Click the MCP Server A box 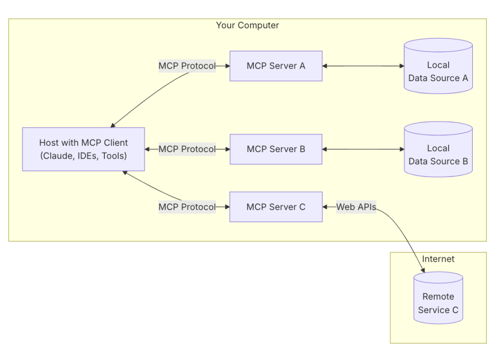[x=276, y=66]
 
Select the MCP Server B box [x=276, y=149]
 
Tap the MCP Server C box [x=276, y=207]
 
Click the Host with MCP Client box [x=83, y=149]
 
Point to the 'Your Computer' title [x=247, y=25]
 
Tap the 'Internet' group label [x=438, y=259]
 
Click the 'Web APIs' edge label [x=356, y=207]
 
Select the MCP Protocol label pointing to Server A [x=187, y=66]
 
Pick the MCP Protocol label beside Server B [x=187, y=149]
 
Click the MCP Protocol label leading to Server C [x=187, y=207]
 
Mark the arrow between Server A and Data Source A [x=363, y=66]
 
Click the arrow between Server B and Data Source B [x=363, y=149]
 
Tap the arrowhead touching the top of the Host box [x=113, y=125]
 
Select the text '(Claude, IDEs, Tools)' [x=83, y=156]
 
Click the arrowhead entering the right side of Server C [x=325, y=207]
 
